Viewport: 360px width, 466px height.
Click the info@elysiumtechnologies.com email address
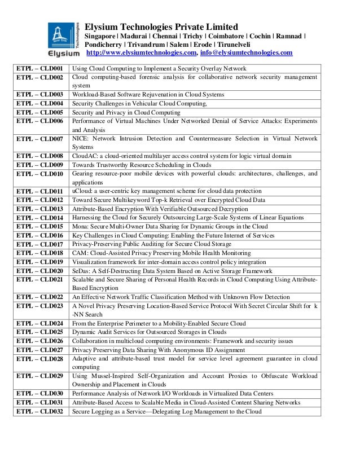[246, 54]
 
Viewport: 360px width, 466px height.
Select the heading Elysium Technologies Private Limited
[161, 27]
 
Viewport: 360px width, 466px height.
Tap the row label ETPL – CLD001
[39, 69]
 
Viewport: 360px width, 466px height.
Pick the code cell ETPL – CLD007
[39, 138]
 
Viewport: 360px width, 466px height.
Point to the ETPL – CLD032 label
[39, 411]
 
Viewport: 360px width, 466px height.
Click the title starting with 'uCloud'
[166, 191]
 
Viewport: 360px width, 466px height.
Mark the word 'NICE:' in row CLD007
[81, 138]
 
